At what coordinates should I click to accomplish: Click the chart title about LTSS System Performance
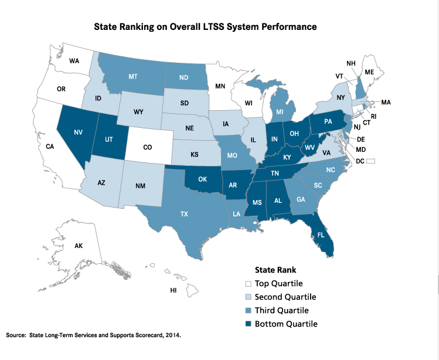tap(206, 27)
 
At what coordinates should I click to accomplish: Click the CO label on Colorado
tap(148, 147)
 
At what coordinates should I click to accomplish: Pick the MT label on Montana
tap(134, 77)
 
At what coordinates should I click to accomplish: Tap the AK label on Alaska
tap(79, 246)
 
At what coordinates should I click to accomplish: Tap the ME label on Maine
tap(370, 72)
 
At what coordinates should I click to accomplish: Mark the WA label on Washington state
tap(74, 61)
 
